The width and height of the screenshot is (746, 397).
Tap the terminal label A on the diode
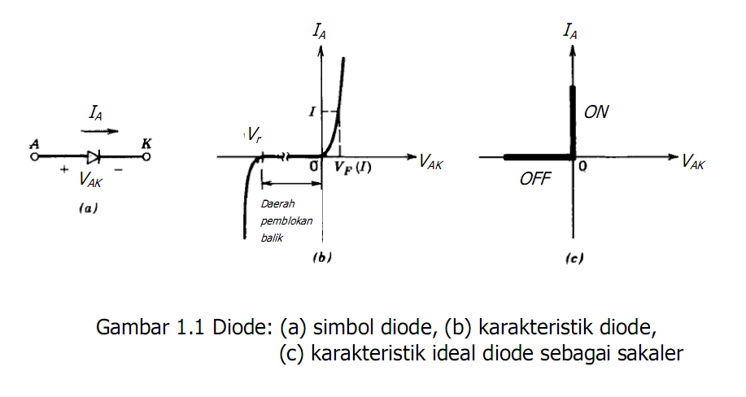coord(34,144)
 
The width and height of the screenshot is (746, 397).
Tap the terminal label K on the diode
coord(146,144)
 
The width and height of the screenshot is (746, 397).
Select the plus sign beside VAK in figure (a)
coord(63,172)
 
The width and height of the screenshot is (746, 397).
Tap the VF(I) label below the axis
coord(353,168)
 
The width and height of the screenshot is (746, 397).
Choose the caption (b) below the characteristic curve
coord(322,259)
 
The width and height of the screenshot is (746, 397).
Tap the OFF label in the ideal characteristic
coord(535,179)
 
